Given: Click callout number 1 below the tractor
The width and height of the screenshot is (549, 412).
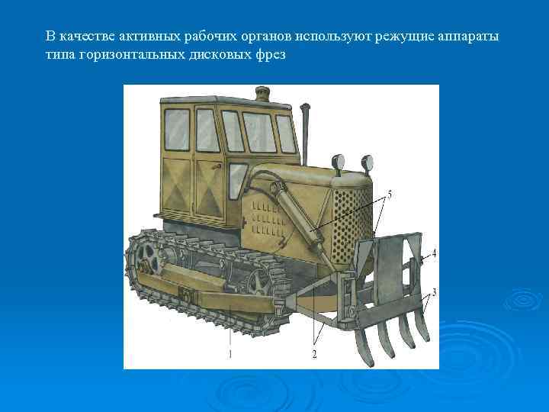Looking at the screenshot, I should click(230, 354).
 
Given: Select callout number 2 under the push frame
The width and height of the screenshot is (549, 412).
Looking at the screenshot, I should click(314, 354).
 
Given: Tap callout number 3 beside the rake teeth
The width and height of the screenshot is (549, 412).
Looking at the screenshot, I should click(434, 291).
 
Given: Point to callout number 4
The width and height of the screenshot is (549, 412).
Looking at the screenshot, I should click(434, 253).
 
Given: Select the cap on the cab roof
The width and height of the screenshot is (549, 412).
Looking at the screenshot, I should click(263, 95).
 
